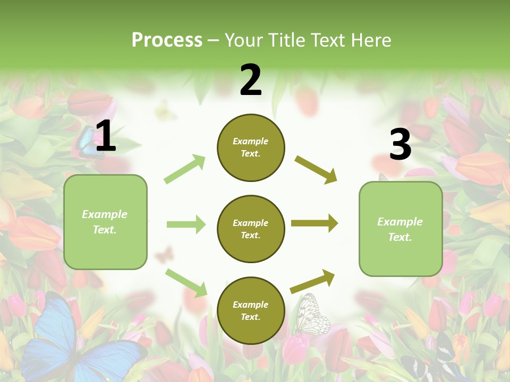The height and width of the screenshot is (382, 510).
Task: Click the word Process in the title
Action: [x=167, y=40]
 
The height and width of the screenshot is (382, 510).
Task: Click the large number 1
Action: [x=106, y=136]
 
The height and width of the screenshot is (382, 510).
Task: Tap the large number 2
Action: [x=251, y=80]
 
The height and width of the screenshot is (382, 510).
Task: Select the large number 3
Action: [x=400, y=144]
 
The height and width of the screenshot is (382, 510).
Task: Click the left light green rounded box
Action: [x=105, y=222]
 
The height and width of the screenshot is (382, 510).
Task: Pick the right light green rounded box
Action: [x=401, y=229]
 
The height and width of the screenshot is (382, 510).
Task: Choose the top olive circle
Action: [x=251, y=147]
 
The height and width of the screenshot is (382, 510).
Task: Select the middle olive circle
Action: [x=251, y=229]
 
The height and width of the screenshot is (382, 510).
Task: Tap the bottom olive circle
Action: [x=251, y=310]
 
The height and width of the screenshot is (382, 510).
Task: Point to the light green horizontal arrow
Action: [x=186, y=224]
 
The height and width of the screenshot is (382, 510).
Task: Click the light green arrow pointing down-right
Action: [x=186, y=283]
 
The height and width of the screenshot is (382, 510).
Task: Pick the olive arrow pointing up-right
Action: [x=313, y=281]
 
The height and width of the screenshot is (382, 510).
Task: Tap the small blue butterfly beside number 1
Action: [x=85, y=143]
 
